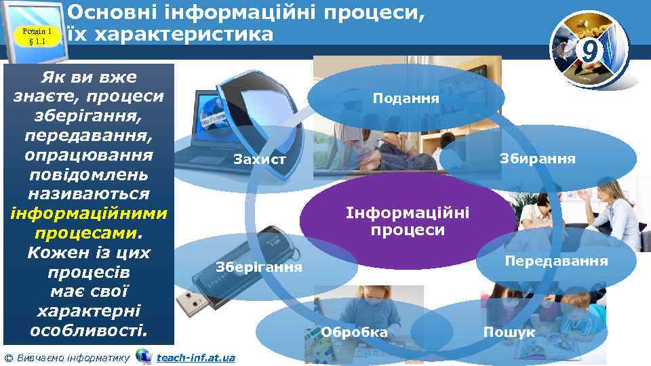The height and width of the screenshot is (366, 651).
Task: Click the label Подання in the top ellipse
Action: point(406,98)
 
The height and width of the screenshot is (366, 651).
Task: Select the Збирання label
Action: point(537,159)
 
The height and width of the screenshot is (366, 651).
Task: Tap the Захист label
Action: point(260,160)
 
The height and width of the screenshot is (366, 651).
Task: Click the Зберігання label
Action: point(259,266)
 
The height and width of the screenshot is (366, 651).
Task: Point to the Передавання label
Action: point(556,261)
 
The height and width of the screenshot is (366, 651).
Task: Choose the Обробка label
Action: point(355,333)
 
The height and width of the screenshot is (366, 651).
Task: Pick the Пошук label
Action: point(509,333)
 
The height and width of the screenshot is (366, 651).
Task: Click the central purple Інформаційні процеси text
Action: point(407,222)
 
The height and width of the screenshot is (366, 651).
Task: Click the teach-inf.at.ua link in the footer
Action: point(196,357)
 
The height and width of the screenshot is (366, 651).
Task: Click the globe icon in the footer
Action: point(144,356)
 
